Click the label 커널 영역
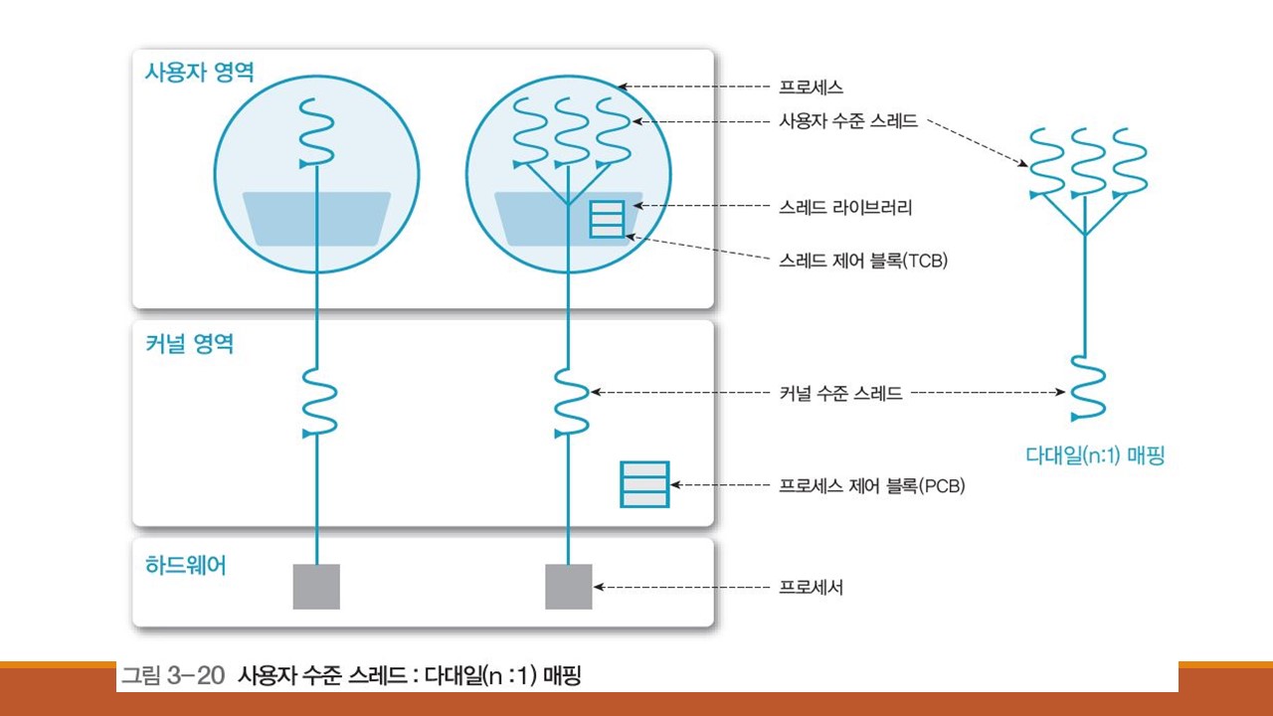click(x=189, y=344)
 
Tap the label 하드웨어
click(x=185, y=566)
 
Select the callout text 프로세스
click(x=813, y=87)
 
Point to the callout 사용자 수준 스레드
click(x=847, y=122)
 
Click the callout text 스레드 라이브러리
click(x=845, y=207)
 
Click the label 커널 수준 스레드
click(x=840, y=393)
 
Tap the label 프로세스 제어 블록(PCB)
click(x=872, y=486)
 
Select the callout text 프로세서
click(x=812, y=587)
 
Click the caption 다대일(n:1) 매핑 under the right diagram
click(x=1095, y=456)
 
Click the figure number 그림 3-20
click(x=175, y=677)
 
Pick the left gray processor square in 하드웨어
click(x=316, y=587)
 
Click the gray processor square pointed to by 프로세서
click(x=569, y=587)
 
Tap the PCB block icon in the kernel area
click(x=644, y=484)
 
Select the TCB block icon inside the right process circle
click(x=606, y=218)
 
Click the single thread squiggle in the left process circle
click(x=316, y=132)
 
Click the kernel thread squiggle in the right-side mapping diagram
click(x=1085, y=387)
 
